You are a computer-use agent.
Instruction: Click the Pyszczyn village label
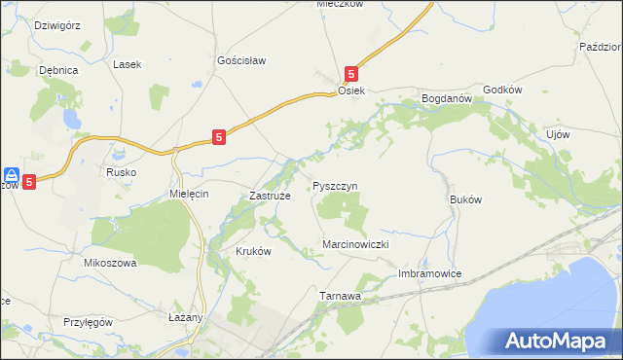pos(336,185)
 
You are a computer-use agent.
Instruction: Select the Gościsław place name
pos(241,59)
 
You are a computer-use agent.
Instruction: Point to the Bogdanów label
pos(446,98)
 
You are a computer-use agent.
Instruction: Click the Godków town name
pos(503,90)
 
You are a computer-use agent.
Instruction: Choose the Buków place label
pos(466,198)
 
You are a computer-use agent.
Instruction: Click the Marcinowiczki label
pos(355,244)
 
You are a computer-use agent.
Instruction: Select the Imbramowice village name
pos(429,274)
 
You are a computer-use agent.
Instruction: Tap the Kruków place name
pos(252,250)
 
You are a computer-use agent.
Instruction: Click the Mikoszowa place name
pos(109,263)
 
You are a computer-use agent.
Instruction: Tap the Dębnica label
pos(57,70)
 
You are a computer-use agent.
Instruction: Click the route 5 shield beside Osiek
pos(352,72)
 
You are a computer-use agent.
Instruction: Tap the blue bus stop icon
pos(11,176)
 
